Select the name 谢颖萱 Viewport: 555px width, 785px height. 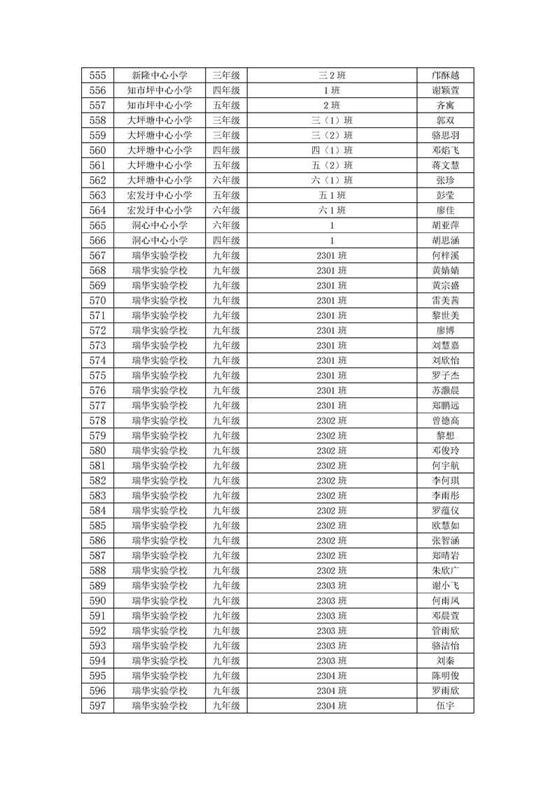coord(446,90)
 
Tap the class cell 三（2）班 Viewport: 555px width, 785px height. coord(332,135)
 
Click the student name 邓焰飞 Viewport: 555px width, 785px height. coord(446,150)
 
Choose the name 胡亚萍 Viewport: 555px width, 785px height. coord(446,225)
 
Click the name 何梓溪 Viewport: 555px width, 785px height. coord(446,255)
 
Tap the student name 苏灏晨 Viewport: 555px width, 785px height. coord(446,390)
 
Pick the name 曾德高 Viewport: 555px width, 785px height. coord(446,420)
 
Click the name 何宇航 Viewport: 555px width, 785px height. coord(446,465)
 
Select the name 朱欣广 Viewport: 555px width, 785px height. coord(446,571)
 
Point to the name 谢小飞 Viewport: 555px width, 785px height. coord(446,586)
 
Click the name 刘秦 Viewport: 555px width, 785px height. coord(446,660)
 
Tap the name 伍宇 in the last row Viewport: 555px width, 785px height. coord(446,706)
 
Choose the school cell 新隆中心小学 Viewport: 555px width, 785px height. coord(160,76)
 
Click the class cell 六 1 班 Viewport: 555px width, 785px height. coord(332,210)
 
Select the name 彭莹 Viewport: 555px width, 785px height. coord(446,195)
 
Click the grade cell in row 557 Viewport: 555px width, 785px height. coord(226,106)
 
